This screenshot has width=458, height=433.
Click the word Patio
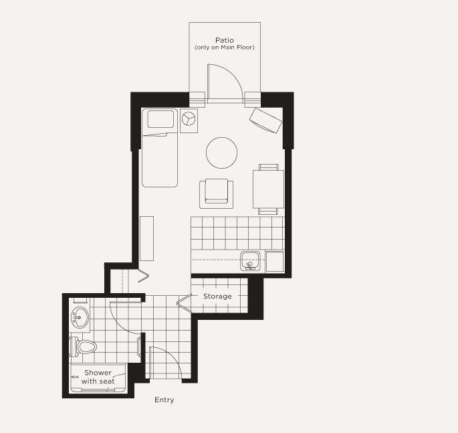[x=225, y=40]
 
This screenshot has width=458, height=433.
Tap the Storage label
[x=217, y=296]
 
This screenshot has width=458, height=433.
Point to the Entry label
[x=164, y=400]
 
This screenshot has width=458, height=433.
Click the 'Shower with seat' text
[x=98, y=377]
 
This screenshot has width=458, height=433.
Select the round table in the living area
[x=222, y=153]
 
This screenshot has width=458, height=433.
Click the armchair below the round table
[x=216, y=193]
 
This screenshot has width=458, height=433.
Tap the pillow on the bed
[x=160, y=119]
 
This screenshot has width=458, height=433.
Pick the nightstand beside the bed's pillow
[x=189, y=120]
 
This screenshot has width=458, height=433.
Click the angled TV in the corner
[x=266, y=120]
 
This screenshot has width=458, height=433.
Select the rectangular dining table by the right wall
[x=268, y=189]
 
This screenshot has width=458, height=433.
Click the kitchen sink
[x=250, y=261]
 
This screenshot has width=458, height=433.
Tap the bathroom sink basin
[x=80, y=317]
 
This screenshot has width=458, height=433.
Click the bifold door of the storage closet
[x=184, y=301]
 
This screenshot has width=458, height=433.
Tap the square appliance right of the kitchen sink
[x=275, y=261]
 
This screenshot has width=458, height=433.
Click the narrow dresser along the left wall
[x=146, y=238]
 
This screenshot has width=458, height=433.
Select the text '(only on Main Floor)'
[x=225, y=48]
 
